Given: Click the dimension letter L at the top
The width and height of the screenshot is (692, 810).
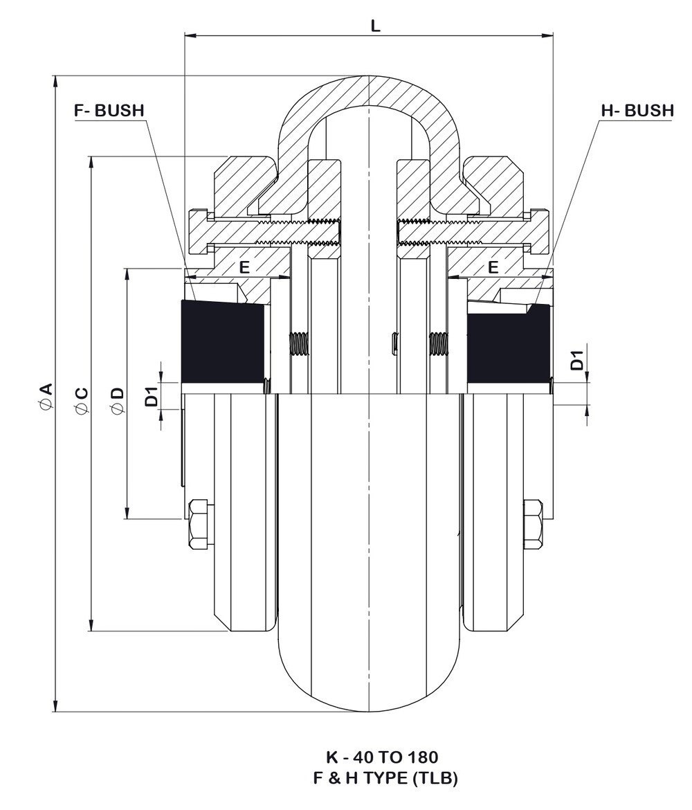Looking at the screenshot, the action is pos(376,26).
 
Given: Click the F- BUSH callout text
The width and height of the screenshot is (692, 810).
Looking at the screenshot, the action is pos(109,110).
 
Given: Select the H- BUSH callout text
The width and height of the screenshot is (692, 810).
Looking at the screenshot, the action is pos(637,110).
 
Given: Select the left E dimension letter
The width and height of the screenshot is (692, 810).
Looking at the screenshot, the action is pos(244,267).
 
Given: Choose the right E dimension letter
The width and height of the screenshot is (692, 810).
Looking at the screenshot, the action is pos(493,267).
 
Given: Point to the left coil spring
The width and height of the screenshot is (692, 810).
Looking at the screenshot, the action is pos(298,343).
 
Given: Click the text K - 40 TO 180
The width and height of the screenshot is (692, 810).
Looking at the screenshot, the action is pos(381,757).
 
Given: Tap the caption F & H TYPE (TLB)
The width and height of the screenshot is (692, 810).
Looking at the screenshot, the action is pos(385,777).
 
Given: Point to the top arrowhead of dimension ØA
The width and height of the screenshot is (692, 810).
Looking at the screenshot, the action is pos(55,82).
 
